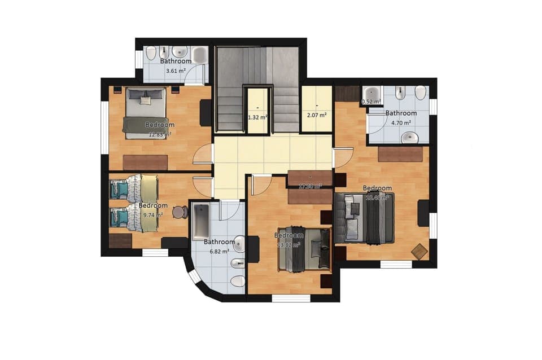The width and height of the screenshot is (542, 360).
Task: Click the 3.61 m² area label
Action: (x=176, y=71)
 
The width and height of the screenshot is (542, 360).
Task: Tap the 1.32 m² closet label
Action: (x=257, y=117)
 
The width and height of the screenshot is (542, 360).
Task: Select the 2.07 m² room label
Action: (x=316, y=115)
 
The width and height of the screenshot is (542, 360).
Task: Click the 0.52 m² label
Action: (x=371, y=102)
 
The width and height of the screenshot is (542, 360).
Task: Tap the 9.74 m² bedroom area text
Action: (x=153, y=214)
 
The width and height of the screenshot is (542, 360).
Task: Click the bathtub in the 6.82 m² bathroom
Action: (x=200, y=221)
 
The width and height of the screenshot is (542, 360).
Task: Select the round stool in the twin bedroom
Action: (x=180, y=212)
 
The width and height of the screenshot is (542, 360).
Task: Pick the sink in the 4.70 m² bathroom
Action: (x=410, y=137)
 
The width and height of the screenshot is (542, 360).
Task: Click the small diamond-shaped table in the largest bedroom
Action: (x=419, y=252)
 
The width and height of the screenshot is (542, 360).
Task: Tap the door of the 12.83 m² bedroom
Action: (x=203, y=154)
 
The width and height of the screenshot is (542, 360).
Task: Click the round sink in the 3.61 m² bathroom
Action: (x=180, y=52)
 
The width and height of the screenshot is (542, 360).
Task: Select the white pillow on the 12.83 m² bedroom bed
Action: (x=146, y=100)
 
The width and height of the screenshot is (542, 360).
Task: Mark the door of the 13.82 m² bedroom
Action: (x=261, y=183)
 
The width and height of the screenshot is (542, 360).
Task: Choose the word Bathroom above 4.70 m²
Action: (x=401, y=113)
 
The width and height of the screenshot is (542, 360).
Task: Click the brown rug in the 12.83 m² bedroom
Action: (x=145, y=162)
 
